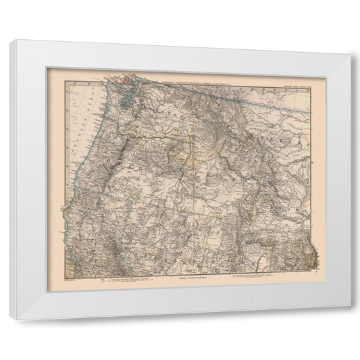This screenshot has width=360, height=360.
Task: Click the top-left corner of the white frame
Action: coord(9,42)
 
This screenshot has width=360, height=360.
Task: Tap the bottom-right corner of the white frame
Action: coord(350,308)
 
